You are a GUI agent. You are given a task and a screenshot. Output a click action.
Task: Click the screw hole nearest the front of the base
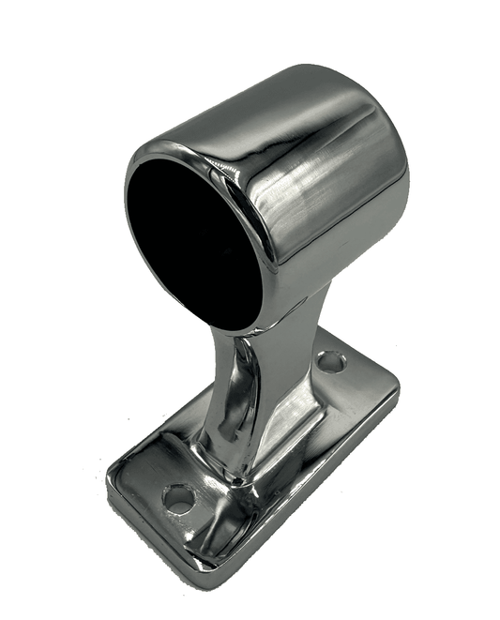(x=178, y=498)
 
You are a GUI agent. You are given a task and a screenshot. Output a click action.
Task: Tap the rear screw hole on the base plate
(x=330, y=362)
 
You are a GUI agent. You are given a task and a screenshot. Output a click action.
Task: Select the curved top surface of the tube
(x=281, y=94)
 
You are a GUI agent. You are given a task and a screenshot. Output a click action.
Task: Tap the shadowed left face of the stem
(x=223, y=394)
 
